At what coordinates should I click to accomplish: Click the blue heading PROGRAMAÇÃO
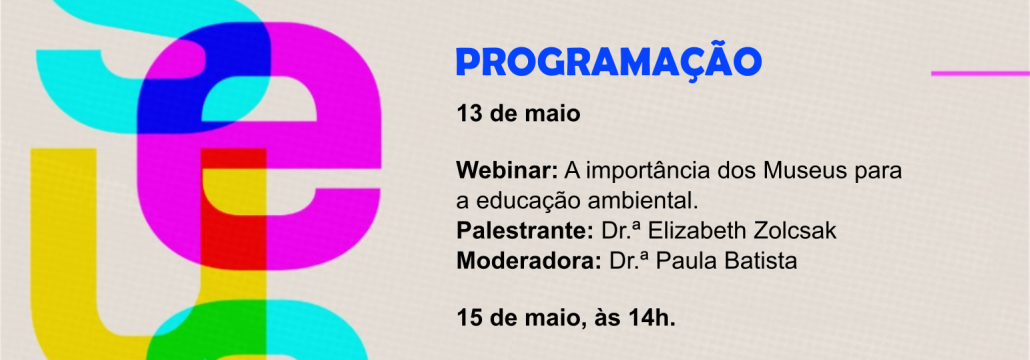pos(609,61)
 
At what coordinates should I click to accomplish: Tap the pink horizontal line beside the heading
pos(980,73)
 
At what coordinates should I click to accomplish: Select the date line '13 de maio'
pos(519,114)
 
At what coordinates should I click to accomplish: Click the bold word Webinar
pos(507,171)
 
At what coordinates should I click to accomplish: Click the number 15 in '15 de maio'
pos(468,319)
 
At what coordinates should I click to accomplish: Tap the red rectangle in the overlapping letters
pos(233,210)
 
